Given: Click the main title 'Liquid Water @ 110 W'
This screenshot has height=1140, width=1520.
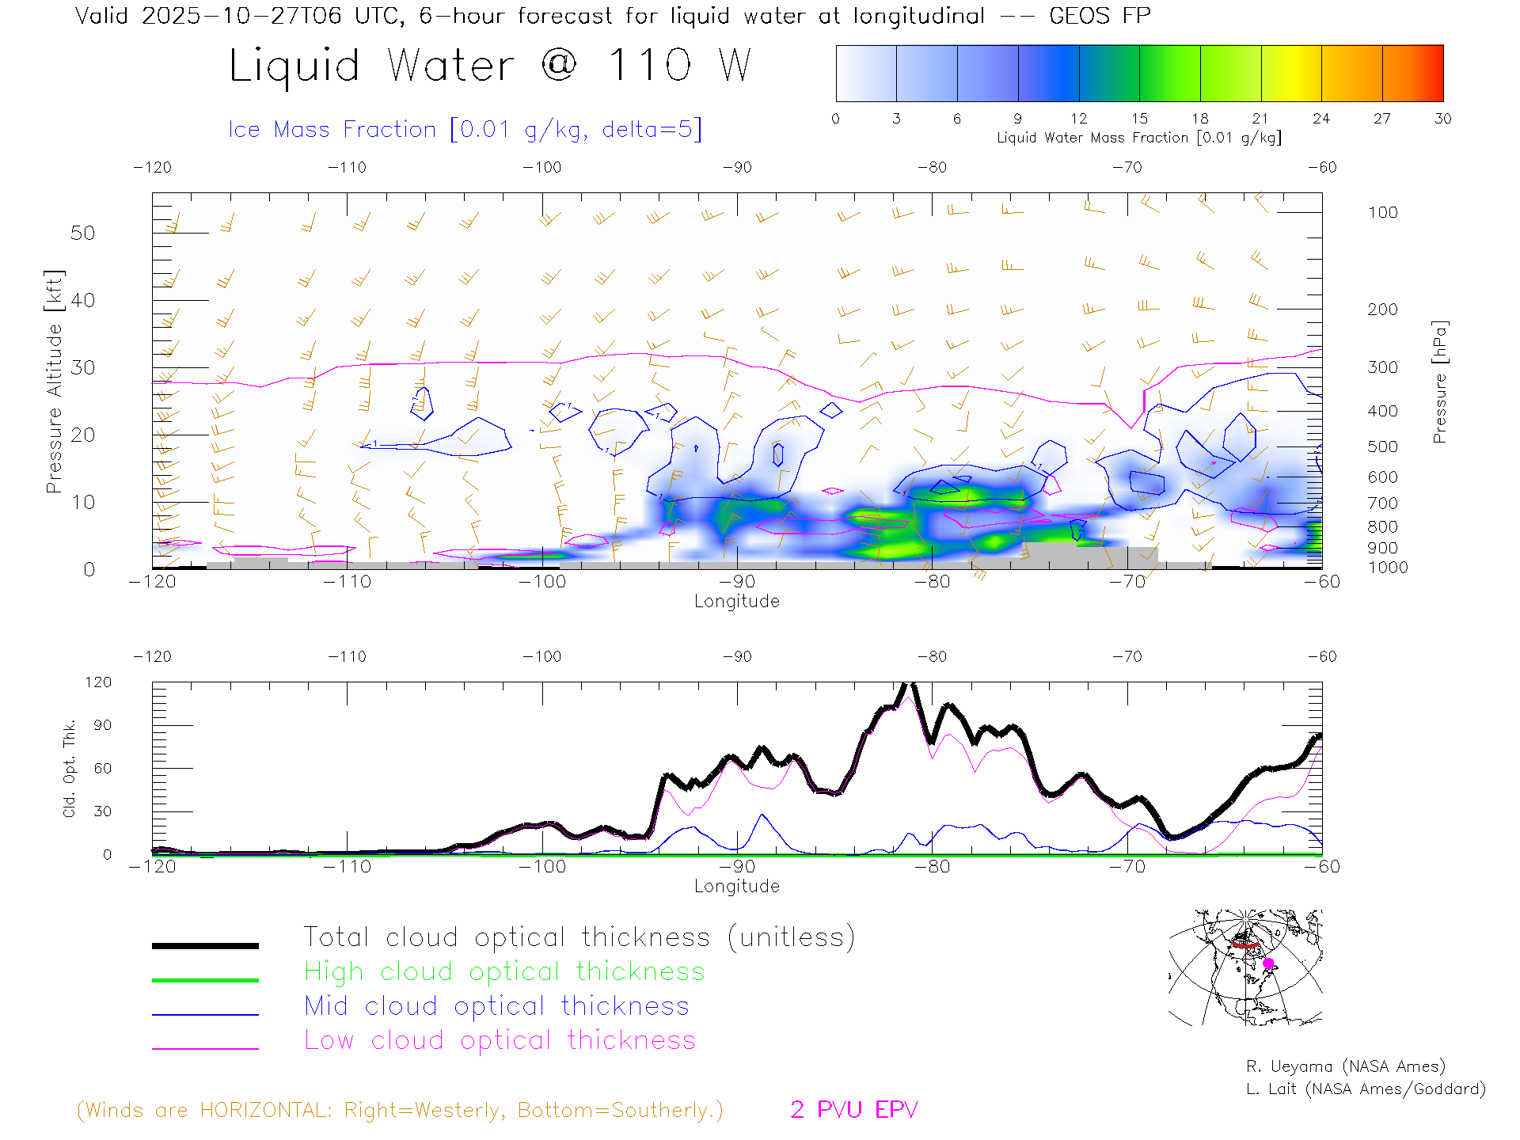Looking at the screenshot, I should coord(489,66).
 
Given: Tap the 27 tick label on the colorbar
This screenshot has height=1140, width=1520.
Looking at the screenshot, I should coord(1382,119).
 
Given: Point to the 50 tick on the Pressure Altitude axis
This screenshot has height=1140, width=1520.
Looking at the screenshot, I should coord(82,233).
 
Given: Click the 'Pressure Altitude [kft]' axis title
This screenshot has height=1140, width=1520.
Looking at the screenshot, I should coord(54,382).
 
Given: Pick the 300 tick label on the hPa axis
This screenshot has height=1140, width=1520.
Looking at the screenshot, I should coord(1382,367).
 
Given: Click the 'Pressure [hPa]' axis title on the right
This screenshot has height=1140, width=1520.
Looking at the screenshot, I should coord(1440,382).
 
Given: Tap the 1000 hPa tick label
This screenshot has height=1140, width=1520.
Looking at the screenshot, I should coord(1388,568).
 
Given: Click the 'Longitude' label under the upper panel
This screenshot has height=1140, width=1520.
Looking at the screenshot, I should coord(736,602).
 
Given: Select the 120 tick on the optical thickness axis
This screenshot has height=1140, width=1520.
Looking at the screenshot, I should coord(99,682).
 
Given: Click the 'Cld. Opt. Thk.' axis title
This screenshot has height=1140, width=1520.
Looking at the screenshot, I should coord(70,768).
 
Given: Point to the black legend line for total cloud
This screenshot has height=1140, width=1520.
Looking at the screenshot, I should coord(205,945).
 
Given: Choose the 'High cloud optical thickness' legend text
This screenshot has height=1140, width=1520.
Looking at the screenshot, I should coord(504,971).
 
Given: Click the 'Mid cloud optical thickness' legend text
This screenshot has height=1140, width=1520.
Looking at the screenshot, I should coord(497,1006).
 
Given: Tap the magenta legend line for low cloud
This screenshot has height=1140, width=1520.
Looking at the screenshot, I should coord(205,1048).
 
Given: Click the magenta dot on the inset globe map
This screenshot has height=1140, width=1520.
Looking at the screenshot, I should coord(1268,963).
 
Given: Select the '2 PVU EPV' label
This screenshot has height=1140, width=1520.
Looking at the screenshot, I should coord(853,1110).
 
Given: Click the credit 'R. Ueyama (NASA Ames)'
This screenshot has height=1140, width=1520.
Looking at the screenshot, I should coord(1346,1066).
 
